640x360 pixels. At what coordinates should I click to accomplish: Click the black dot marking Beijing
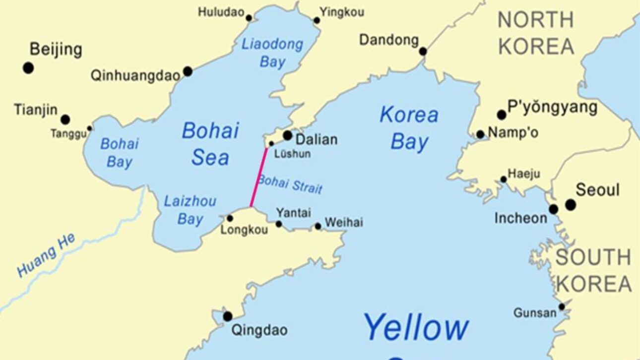[28, 68]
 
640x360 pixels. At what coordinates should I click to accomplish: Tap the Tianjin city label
[36, 110]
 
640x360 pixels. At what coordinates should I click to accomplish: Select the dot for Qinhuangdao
[188, 71]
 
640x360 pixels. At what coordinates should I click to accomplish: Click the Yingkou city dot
[317, 20]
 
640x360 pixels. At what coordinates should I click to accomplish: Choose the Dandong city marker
[423, 51]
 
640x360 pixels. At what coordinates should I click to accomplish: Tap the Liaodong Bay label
[272, 53]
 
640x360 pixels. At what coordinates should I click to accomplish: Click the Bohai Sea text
[210, 144]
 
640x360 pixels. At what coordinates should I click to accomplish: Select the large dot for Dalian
[287, 135]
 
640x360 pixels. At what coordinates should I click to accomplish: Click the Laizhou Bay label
[190, 210]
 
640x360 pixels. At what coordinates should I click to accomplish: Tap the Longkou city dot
[230, 218]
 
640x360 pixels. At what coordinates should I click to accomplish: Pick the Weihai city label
[343, 222]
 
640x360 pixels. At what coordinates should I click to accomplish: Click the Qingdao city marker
[228, 316]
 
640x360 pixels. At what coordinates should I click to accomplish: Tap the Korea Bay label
[409, 128]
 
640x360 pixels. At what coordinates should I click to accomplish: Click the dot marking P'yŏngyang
[502, 115]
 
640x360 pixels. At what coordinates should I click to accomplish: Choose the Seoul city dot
[571, 204]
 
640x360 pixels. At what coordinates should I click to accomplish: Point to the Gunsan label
[535, 313]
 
